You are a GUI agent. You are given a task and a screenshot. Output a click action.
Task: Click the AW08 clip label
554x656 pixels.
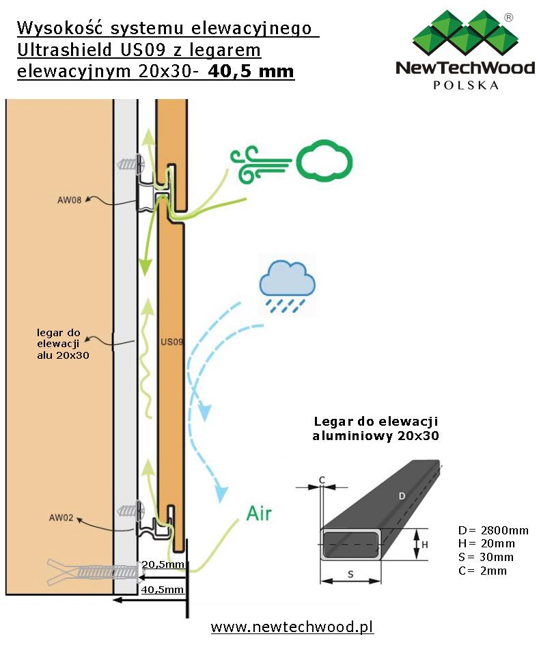69,200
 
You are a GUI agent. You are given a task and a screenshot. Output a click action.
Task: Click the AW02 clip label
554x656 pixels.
61,517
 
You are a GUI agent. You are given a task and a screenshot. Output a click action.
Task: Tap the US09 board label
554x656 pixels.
172,342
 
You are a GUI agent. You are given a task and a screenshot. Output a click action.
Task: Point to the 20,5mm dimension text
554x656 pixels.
163,564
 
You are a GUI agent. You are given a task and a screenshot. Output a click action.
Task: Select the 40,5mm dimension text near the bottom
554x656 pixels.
162,590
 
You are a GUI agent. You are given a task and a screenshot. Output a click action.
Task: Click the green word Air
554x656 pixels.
259,513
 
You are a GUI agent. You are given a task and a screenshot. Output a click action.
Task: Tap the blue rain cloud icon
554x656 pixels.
287,286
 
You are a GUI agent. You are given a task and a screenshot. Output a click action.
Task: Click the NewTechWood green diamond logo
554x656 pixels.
465,33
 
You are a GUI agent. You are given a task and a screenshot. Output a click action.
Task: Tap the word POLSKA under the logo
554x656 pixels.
466,85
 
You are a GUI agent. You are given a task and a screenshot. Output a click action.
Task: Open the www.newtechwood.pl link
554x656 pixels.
292,627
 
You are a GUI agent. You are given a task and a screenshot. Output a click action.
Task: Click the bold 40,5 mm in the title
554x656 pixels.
251,70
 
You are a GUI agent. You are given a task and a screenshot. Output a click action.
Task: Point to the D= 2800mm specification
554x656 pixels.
493,530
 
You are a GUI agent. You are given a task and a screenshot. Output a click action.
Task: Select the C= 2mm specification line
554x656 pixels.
482,571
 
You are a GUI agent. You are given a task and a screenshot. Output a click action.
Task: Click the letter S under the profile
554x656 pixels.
350,575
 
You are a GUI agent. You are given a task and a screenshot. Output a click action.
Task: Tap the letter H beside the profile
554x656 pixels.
425,545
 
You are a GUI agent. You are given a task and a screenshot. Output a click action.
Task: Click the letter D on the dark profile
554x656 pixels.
402,496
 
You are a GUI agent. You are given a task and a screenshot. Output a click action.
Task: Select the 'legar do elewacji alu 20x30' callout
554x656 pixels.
63,344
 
